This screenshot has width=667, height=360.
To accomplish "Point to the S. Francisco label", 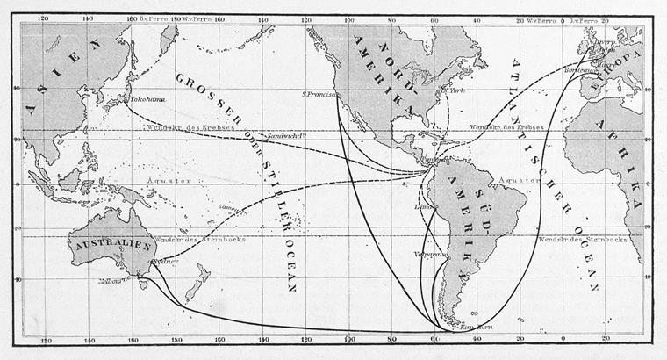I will tap(321, 93).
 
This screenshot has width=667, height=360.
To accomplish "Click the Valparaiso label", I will tap(431, 254).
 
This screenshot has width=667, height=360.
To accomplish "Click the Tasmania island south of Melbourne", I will tap(141, 284).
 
